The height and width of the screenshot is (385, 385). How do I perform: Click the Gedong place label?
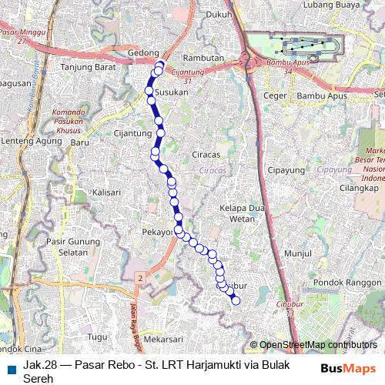pyautogui.click(x=142, y=53)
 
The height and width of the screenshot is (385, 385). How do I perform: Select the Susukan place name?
pyautogui.click(x=171, y=92)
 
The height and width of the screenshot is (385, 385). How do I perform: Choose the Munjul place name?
pyautogui.click(x=296, y=253)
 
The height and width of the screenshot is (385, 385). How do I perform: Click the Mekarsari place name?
pyautogui.click(x=162, y=339)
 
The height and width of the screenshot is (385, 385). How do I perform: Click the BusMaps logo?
pyautogui.click(x=349, y=369)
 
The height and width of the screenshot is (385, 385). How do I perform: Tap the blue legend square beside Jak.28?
pyautogui.click(x=10, y=370)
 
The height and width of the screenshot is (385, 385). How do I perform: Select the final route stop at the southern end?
pyautogui.click(x=236, y=300)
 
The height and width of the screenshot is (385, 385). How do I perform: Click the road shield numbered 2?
pyautogui.click(x=139, y=276)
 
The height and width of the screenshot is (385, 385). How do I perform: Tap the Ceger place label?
pyautogui.click(x=275, y=96)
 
